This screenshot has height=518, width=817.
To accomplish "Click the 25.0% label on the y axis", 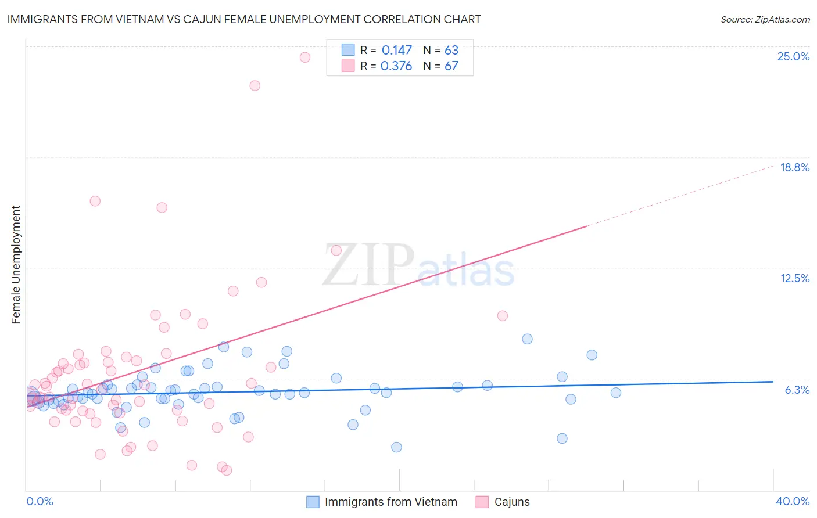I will (793, 56).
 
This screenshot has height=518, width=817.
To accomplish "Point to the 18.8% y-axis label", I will (794, 167).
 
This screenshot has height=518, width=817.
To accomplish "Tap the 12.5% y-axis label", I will (794, 278).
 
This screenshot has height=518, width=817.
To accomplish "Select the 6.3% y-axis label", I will (797, 390).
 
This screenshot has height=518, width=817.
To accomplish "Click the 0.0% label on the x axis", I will (40, 501).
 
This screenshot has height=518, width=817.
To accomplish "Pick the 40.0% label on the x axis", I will (792, 501).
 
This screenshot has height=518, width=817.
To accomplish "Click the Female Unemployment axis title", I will (16, 265).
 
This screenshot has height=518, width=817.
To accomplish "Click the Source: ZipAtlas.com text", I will (765, 19).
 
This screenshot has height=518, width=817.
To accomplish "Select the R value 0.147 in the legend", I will (396, 51).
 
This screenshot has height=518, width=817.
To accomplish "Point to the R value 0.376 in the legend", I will (396, 66).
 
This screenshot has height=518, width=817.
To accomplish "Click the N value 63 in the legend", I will (451, 51).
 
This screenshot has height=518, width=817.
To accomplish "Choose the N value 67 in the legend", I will (451, 66).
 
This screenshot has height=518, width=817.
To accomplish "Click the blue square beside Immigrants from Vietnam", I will (313, 502).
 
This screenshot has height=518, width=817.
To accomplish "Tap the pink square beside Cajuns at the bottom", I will (482, 502).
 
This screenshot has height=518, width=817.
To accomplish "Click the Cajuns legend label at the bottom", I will (512, 502).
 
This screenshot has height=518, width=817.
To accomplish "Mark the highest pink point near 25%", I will (305, 57).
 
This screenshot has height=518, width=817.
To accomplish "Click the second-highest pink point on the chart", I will (255, 85).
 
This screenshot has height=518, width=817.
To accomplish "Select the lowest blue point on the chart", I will (396, 447).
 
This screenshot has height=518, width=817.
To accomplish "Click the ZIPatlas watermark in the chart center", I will (418, 266).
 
